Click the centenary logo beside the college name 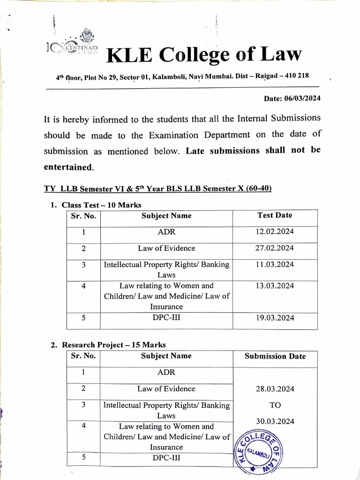[75, 45]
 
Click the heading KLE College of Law [204, 55]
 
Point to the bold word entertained [68, 167]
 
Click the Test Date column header [275, 216]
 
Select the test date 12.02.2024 [275, 232]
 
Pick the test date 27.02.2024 [275, 248]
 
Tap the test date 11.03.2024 [275, 265]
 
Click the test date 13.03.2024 [275, 286]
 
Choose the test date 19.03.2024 [275, 318]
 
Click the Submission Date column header [275, 356]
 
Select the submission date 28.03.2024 [275, 389]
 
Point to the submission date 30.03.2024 [275, 421]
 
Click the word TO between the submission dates [275, 405]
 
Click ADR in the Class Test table [166, 232]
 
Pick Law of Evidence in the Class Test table [166, 248]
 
